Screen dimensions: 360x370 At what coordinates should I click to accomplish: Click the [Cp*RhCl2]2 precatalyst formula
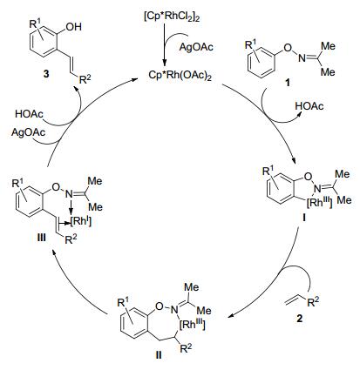click(172, 17)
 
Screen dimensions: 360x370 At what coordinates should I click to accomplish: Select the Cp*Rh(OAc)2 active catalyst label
click(180, 75)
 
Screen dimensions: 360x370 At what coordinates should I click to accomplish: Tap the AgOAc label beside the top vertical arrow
click(196, 47)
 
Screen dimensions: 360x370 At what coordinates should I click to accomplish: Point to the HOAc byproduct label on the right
click(309, 106)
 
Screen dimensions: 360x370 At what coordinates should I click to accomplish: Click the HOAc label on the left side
click(29, 114)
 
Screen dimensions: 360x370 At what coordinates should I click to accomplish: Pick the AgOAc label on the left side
click(29, 132)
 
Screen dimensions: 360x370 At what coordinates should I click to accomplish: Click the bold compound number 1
click(287, 84)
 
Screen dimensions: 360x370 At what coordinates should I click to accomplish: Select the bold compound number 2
click(299, 319)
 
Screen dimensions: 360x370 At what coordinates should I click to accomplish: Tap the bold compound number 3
click(46, 74)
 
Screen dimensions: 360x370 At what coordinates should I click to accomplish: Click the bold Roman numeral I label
click(303, 217)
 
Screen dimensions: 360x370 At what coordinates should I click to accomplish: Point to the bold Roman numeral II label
click(159, 355)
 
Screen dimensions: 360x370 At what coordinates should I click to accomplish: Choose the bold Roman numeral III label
click(41, 238)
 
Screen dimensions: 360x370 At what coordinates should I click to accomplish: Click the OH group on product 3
click(74, 27)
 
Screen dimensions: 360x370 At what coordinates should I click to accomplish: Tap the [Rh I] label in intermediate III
click(81, 223)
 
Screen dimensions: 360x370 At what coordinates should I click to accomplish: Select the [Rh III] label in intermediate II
click(193, 325)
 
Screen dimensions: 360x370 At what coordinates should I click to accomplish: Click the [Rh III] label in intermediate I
click(320, 203)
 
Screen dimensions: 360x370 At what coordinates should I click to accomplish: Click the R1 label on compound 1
click(251, 45)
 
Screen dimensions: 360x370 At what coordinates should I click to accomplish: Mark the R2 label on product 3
click(85, 79)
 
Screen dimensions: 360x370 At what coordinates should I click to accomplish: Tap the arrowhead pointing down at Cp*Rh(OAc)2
click(165, 64)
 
